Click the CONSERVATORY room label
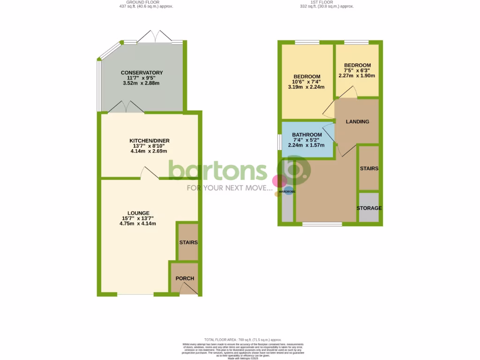pos(142,73)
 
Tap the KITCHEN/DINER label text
pos(150,141)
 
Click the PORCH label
pos(185,278)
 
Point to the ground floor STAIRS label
pos(188,242)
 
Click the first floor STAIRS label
pos(369,168)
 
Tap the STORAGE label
pos(369,208)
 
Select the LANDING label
pos(357,122)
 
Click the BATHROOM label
pos(307,135)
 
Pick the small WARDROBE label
pos(287,192)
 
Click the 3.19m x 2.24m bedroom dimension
pos(307,87)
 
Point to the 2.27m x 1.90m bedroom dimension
pos(357,75)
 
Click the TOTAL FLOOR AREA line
pos(243,339)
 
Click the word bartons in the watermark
pos(217,171)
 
